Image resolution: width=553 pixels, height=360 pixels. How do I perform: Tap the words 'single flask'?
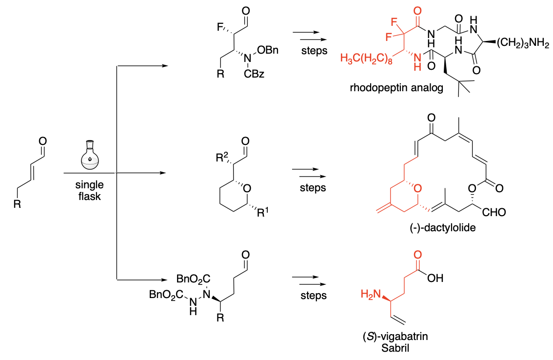89,191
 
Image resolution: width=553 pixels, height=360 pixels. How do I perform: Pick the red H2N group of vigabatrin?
369,294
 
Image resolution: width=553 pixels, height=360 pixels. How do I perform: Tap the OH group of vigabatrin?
435,279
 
